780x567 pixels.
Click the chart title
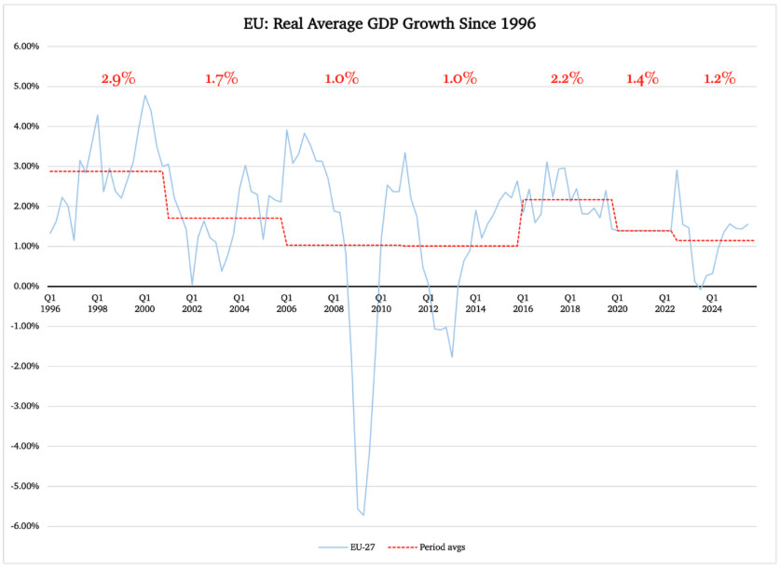pos(390,22)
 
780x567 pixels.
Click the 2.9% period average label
pos(118,79)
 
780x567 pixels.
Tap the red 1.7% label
pos(222,79)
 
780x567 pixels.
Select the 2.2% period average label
pos(566,79)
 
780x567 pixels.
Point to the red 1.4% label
pos(642,79)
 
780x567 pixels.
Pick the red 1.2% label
pos(718,79)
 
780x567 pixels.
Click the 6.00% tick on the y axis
pos(23,47)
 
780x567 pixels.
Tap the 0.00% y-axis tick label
pos(23,287)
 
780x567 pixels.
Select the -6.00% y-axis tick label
pos(21,526)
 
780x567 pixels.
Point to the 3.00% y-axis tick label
pos(23,167)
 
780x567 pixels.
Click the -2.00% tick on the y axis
pos(21,366)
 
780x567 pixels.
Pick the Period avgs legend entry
pos(433,547)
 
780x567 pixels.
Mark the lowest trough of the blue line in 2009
pos(363,514)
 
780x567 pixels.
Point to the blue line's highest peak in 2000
pos(144,95)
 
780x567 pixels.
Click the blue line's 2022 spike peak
pos(677,169)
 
